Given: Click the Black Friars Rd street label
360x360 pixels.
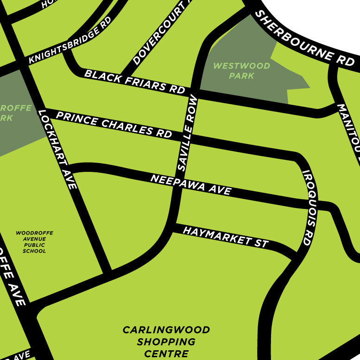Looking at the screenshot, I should tap(135, 82).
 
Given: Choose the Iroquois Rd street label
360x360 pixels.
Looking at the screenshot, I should tap(310, 207).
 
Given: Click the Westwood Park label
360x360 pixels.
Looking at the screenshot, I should tap(241, 70).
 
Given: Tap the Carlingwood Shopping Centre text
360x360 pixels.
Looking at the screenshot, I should tap(166, 342).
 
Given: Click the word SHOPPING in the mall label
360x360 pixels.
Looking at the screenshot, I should tap(166, 342).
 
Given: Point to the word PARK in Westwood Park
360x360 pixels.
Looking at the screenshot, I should tap(241, 76).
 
